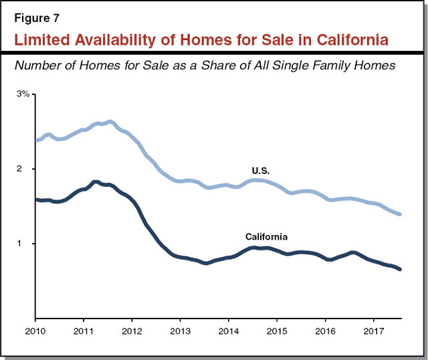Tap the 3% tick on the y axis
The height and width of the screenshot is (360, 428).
23,94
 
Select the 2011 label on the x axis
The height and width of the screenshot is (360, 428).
84,331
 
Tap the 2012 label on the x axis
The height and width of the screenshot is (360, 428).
132,331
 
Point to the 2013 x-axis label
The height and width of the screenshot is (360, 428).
181,331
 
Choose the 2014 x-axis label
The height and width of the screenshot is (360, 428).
229,331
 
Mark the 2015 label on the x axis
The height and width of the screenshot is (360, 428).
278,331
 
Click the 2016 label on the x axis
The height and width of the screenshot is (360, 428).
326,331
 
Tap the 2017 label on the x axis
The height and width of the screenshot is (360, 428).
374,331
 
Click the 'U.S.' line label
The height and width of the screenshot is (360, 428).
261,171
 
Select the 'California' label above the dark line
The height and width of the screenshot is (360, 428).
267,237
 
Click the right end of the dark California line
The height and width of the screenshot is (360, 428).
400,269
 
